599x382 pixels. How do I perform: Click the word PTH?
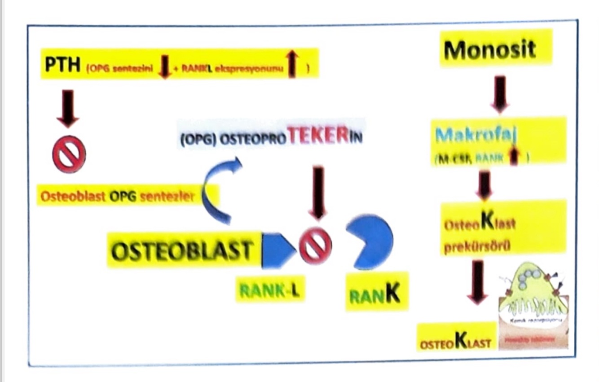click(x=62, y=66)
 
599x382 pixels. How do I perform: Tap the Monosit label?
click(x=490, y=48)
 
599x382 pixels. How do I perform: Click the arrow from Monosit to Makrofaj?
click(x=500, y=94)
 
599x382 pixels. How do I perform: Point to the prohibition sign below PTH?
click(x=69, y=154)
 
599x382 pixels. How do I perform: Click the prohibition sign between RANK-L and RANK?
click(x=316, y=246)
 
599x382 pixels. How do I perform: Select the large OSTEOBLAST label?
click(x=181, y=250)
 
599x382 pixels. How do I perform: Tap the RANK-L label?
click(x=269, y=289)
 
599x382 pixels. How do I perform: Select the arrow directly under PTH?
click(x=68, y=108)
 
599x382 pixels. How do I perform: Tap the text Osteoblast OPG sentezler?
click(x=118, y=196)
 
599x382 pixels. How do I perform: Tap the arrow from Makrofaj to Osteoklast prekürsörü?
click(x=484, y=184)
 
